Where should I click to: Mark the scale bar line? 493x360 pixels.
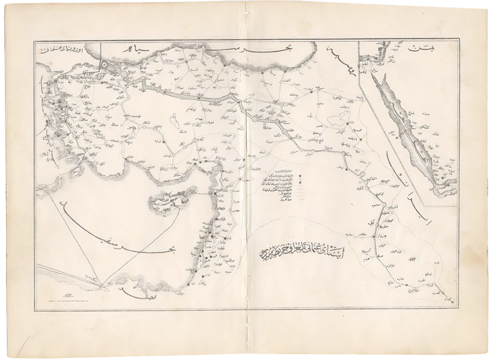[x=66, y=296]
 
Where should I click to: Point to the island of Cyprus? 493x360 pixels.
[x=173, y=200]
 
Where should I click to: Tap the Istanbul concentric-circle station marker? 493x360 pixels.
[x=118, y=71]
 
